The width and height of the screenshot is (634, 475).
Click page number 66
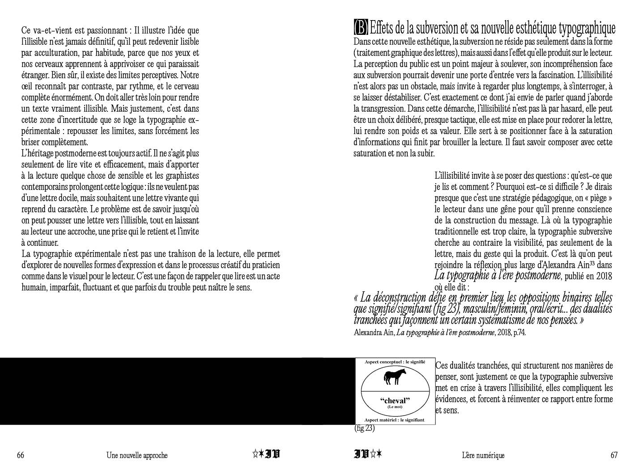point(21,455)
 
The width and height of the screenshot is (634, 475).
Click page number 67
point(614,455)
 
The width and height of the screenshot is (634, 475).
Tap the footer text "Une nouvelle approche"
point(137,455)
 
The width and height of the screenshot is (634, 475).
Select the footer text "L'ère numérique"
point(483,455)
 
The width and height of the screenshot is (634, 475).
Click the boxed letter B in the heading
point(361,28)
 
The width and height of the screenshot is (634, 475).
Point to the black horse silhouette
point(395,377)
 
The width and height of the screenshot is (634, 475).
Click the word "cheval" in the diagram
point(395,400)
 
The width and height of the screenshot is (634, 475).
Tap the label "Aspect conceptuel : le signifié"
point(395,361)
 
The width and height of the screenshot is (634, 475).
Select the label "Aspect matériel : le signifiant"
point(395,420)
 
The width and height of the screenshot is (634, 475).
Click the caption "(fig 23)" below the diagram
point(364,429)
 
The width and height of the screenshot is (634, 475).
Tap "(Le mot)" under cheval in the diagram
point(395,407)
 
